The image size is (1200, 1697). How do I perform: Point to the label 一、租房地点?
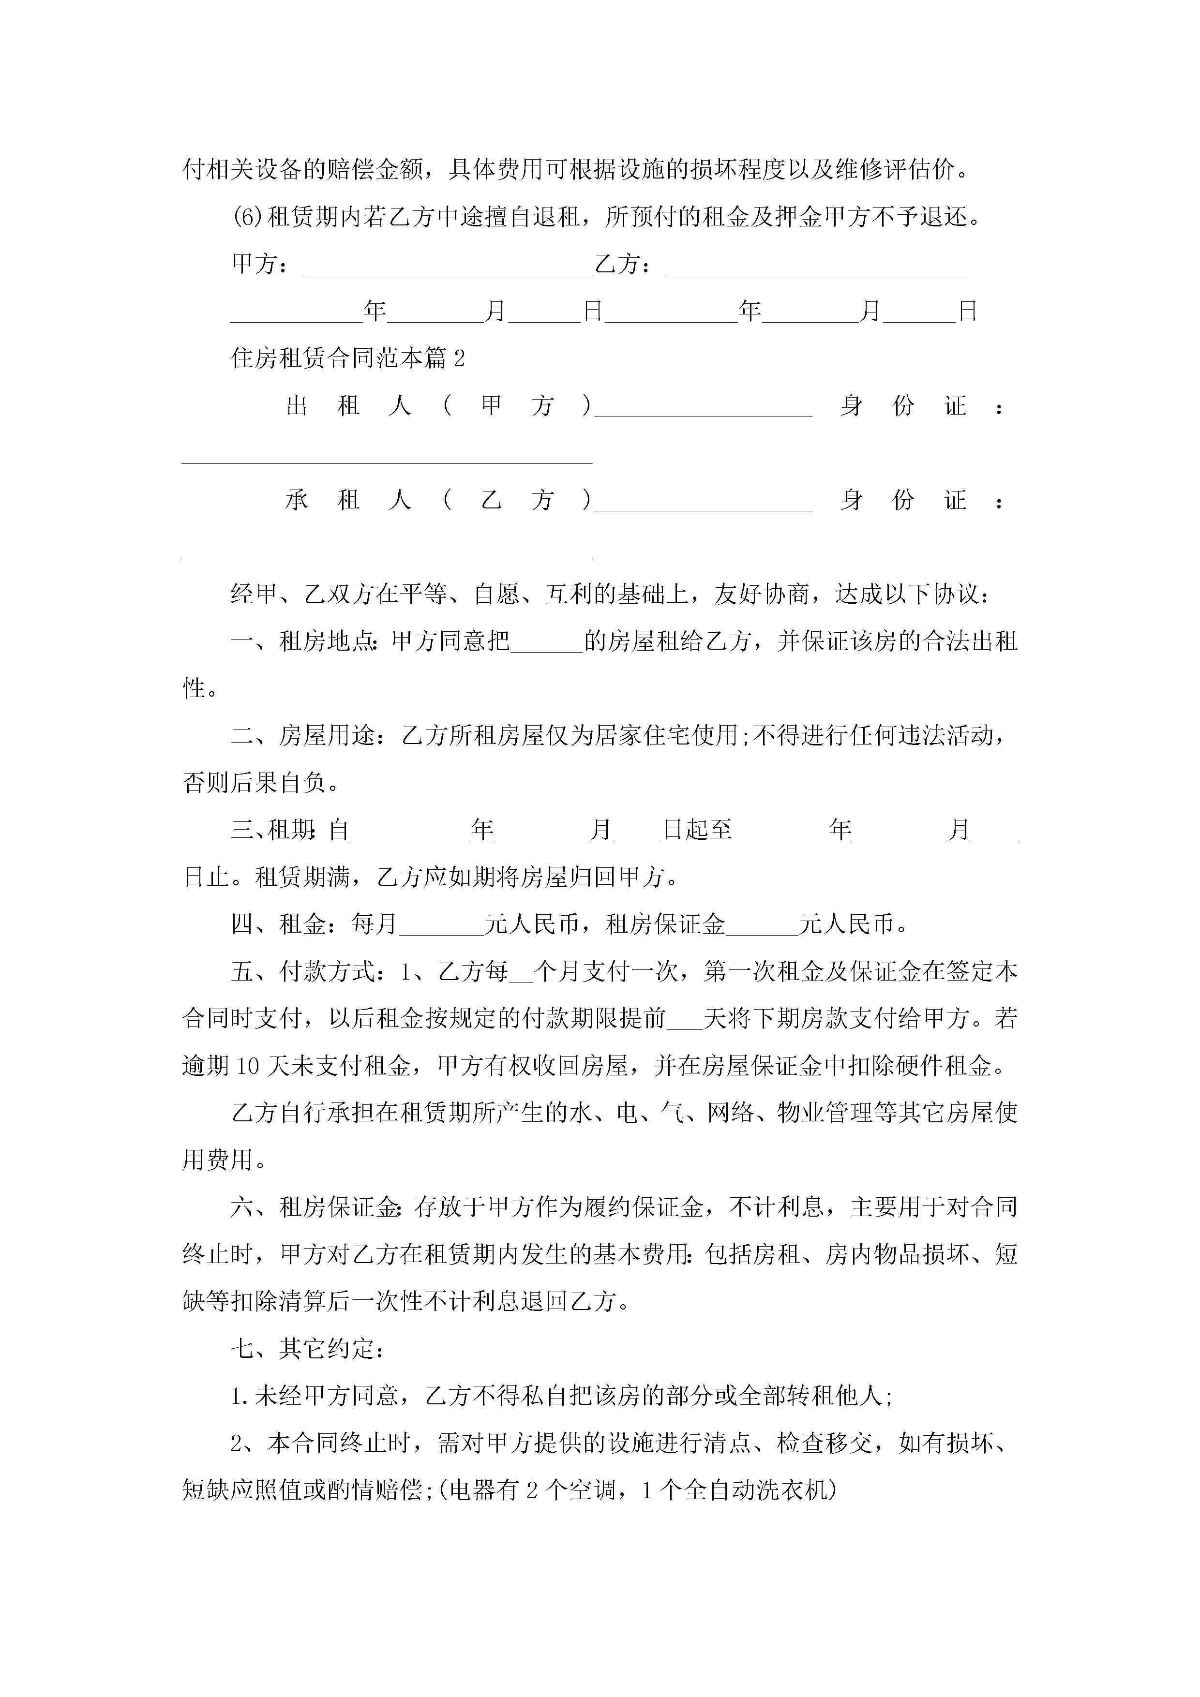pos(305,641)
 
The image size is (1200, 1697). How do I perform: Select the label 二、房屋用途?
pos(305,735)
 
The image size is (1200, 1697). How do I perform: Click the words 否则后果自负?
pos(255,783)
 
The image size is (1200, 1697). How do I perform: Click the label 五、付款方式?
pos(305,971)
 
